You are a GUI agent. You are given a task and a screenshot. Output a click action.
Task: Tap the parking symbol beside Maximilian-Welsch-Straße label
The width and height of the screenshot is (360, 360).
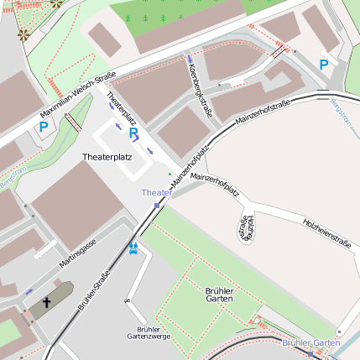click(43, 128)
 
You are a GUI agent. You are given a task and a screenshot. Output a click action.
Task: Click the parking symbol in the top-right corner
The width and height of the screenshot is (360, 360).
click(324, 64)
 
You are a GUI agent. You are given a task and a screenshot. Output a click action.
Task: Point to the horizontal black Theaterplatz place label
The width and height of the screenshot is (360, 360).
click(107, 157)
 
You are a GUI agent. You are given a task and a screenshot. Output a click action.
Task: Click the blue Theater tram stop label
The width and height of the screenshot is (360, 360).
click(157, 192)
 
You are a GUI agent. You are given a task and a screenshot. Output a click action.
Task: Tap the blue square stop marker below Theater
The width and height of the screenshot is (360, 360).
click(157, 205)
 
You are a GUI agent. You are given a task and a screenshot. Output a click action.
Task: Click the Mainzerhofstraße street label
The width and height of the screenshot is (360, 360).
click(263, 112)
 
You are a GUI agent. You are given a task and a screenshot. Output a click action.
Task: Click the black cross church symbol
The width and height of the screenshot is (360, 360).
click(48, 303)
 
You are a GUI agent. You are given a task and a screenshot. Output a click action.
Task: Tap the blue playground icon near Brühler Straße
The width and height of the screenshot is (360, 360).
click(133, 248)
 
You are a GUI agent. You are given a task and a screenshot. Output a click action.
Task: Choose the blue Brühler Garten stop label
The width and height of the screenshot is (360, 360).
click(310, 343)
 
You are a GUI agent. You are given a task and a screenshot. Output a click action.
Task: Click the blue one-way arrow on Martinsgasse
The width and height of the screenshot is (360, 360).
click(30, 290)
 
